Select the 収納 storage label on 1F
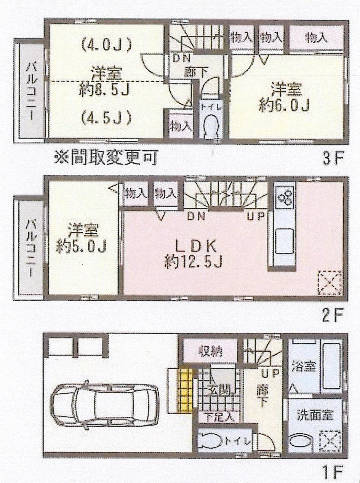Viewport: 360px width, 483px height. tap(210, 350)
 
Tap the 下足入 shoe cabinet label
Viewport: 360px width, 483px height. tap(219, 417)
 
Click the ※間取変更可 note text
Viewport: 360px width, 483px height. tap(106, 158)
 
